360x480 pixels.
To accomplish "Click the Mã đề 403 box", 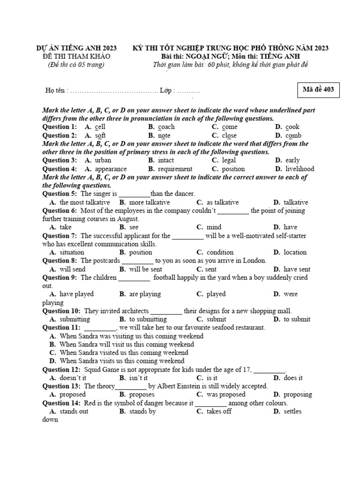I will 318,90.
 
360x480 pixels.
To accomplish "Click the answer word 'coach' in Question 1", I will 166,127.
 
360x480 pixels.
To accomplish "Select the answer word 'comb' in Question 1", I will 293,135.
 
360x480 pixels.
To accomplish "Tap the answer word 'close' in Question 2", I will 229,135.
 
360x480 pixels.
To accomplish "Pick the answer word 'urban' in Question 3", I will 103,160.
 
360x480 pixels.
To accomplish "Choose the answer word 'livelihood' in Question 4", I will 299,169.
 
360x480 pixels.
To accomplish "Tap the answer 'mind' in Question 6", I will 214,227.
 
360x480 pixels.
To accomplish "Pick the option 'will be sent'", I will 145,269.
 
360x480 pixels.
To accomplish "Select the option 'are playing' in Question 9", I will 145,294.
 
